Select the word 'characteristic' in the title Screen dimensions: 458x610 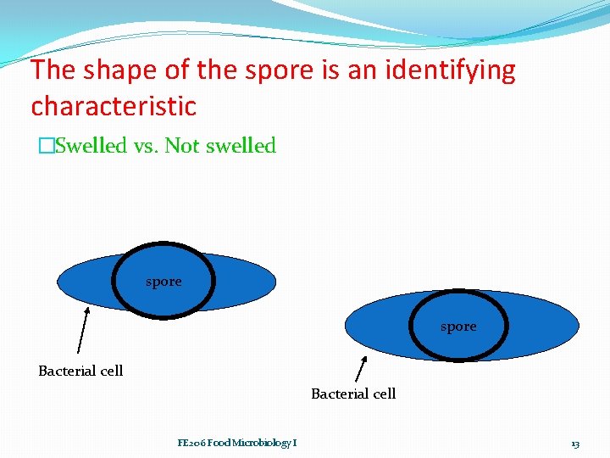pos(114,107)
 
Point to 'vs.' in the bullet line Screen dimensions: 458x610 pos(147,146)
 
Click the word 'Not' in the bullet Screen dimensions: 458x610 pos(182,146)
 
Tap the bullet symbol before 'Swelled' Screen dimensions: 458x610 pos(45,147)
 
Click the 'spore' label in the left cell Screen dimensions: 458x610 pos(164,282)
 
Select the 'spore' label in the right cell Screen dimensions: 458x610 pos(458,327)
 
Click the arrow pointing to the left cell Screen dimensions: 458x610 pos(82,330)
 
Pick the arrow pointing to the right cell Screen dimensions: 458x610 pos(360,370)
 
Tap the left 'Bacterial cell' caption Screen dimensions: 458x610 pos(80,371)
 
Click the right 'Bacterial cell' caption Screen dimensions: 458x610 pos(353,394)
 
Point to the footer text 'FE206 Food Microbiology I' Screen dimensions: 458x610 pos(237,443)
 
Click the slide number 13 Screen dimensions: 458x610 pos(575,444)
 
